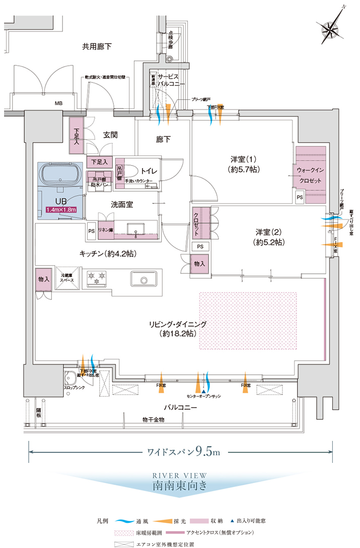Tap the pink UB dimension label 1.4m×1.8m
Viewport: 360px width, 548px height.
(x=60, y=210)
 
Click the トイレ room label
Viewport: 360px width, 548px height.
(x=150, y=172)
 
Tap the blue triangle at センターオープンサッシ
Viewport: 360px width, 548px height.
(x=203, y=390)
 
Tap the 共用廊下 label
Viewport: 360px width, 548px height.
(x=97, y=46)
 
